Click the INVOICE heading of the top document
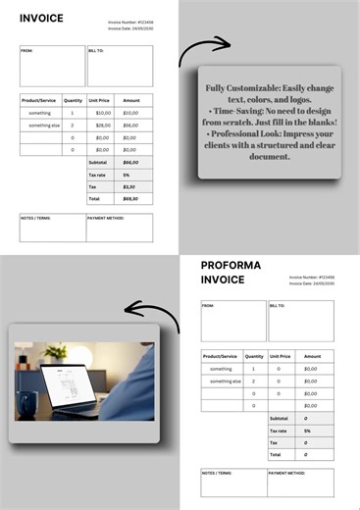coord(41,18)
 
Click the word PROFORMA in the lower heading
coord(231,266)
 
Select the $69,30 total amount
coord(130,198)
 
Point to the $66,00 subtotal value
coord(130,162)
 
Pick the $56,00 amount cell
coord(130,126)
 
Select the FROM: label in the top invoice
coord(26,49)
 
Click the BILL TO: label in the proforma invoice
coord(279,306)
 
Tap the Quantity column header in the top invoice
coord(73,100)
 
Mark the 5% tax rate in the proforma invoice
coord(307,431)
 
